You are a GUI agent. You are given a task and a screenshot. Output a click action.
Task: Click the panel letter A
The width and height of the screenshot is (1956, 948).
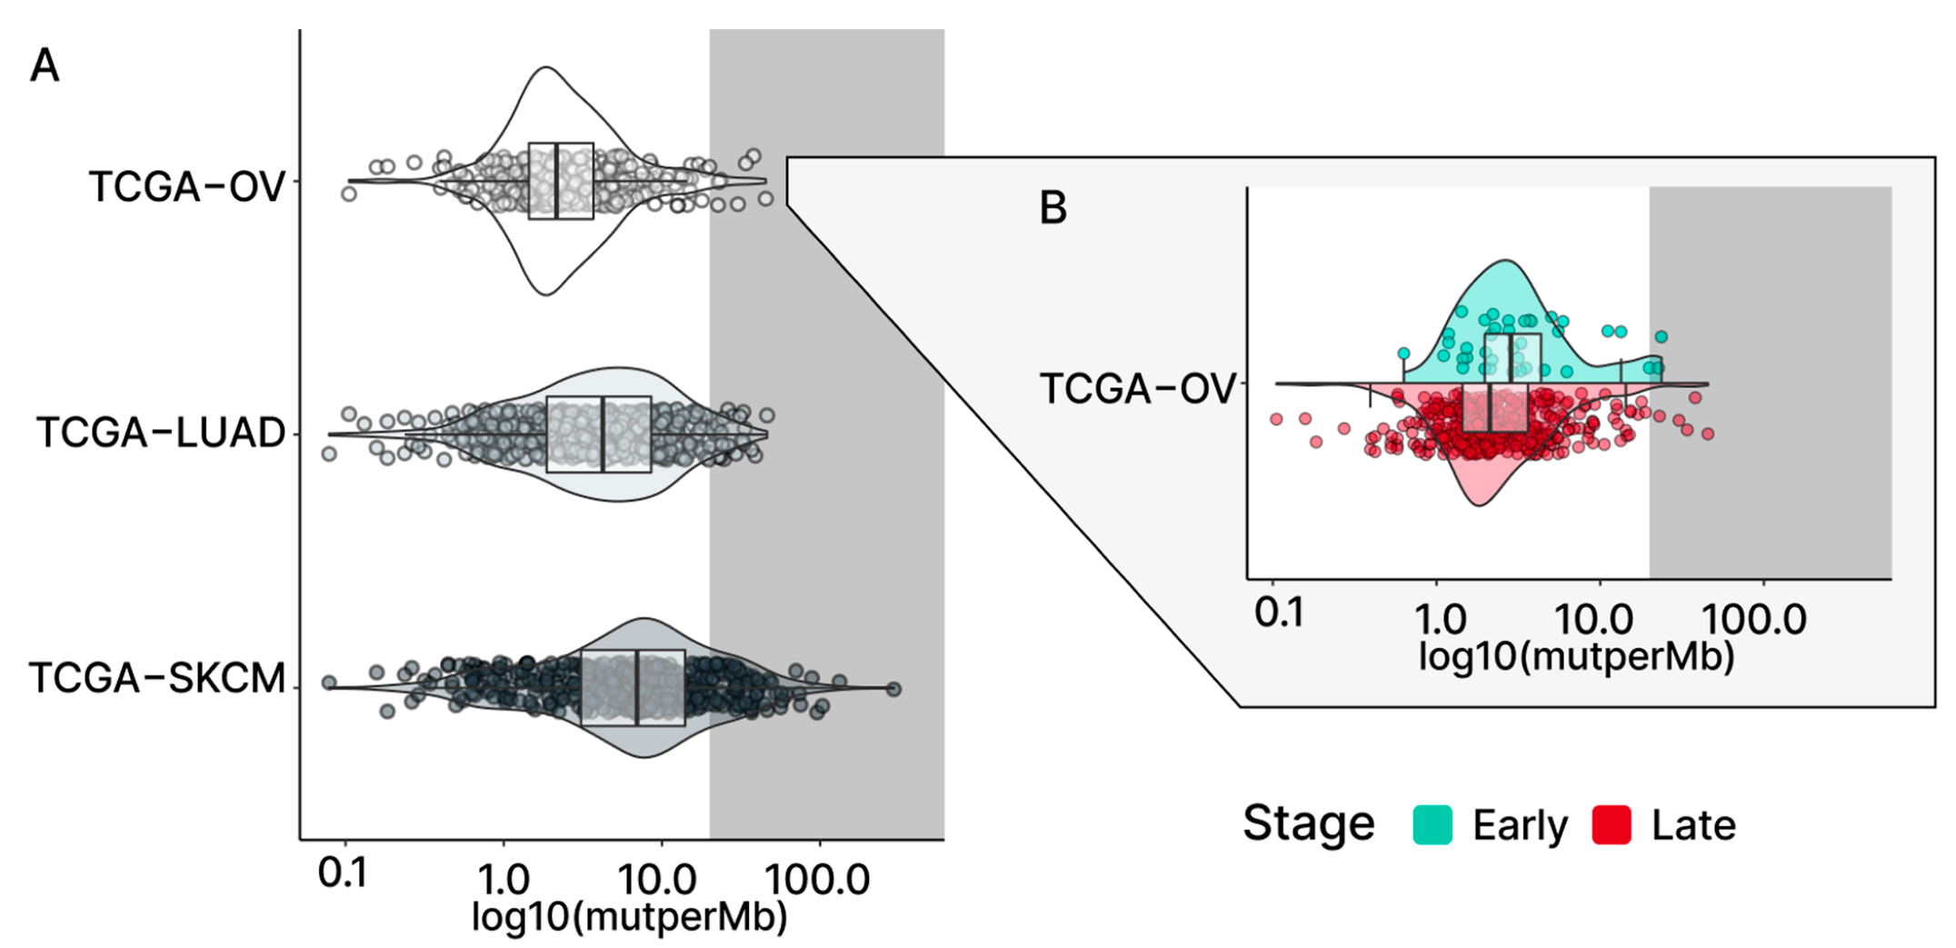tap(45, 66)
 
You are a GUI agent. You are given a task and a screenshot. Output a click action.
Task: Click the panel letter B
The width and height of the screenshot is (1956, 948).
tap(1053, 208)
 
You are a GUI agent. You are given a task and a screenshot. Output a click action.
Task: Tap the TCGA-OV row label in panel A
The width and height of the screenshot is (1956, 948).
tap(186, 187)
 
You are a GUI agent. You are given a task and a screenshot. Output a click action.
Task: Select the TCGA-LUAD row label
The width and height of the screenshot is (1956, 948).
tap(161, 433)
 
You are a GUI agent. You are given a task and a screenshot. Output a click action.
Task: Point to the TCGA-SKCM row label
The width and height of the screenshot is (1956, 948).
tap(157, 678)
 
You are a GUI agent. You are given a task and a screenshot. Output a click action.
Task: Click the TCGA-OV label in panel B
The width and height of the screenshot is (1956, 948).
tap(1137, 389)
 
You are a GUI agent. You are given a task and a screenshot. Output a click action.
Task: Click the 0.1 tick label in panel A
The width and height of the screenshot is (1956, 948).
tap(343, 873)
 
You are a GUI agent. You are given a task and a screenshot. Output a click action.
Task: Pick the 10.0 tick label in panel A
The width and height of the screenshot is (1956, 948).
tap(656, 879)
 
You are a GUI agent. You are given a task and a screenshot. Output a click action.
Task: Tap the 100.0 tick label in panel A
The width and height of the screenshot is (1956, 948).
tap(817, 879)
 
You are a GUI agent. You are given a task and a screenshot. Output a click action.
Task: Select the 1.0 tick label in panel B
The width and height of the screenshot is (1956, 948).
tap(1441, 620)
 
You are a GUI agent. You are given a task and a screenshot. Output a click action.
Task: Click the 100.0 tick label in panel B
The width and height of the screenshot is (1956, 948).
tap(1753, 620)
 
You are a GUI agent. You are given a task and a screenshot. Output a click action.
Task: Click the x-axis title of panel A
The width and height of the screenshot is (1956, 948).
tap(629, 916)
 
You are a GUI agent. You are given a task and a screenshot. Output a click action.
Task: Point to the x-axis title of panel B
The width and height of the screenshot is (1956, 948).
tap(1576, 656)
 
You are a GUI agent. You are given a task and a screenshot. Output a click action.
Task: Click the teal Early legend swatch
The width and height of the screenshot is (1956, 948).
tap(1432, 825)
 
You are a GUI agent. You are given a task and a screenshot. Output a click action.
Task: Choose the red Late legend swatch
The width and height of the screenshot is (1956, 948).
tap(1612, 825)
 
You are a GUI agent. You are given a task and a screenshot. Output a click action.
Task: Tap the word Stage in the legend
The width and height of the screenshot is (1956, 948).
tap(1308, 823)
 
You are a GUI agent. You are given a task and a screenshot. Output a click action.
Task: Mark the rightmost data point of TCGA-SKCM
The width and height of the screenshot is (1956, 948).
tap(893, 689)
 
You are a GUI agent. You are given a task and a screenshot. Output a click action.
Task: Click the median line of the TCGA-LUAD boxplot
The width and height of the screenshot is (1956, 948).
tap(603, 434)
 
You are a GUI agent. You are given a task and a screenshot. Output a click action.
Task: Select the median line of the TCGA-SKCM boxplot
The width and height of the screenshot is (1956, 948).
tap(637, 687)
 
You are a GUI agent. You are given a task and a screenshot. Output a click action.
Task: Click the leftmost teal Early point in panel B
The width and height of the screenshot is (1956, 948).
tap(1404, 354)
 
